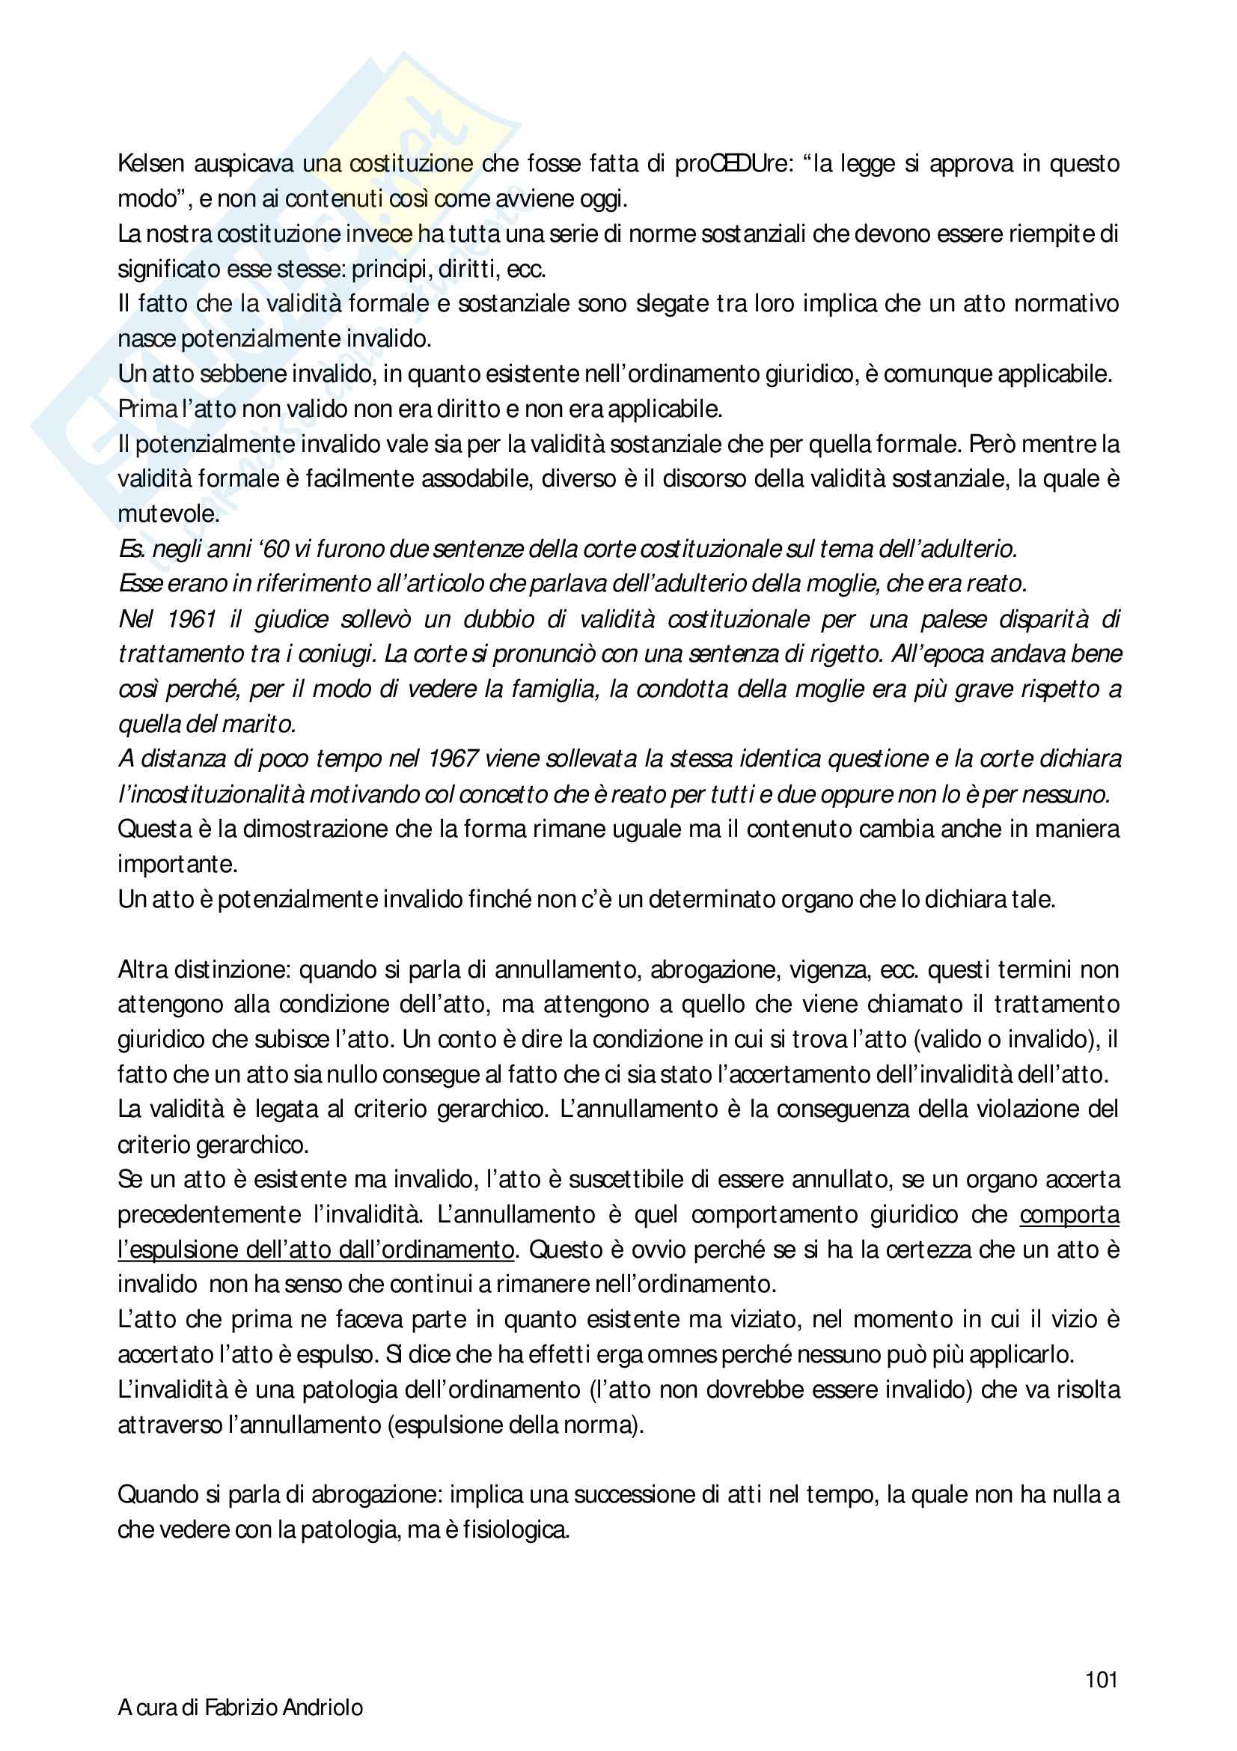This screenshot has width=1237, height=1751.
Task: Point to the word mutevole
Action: (x=168, y=514)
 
